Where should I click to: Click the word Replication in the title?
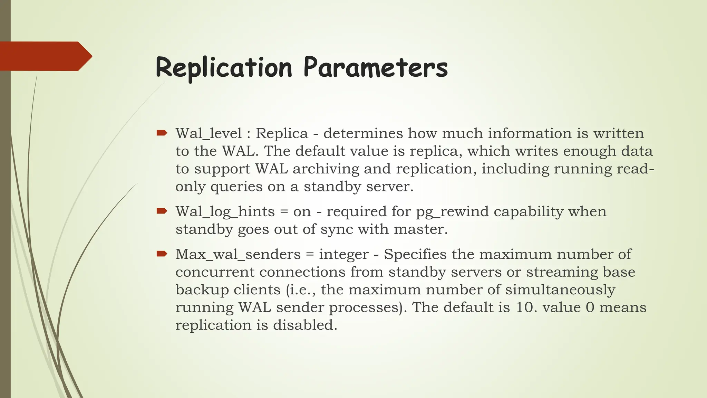(x=224, y=68)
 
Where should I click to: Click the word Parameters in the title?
(x=376, y=68)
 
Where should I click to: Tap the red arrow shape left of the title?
(x=45, y=56)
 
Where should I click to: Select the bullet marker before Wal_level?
(x=162, y=133)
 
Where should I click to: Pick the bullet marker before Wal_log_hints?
(x=162, y=211)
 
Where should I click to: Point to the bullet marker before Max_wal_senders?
(x=162, y=254)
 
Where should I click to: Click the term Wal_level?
(x=209, y=134)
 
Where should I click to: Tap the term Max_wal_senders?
(x=238, y=255)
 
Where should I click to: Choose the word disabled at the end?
(x=305, y=325)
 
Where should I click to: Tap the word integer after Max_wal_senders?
(x=343, y=255)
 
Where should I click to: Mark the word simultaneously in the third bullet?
(x=560, y=290)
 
